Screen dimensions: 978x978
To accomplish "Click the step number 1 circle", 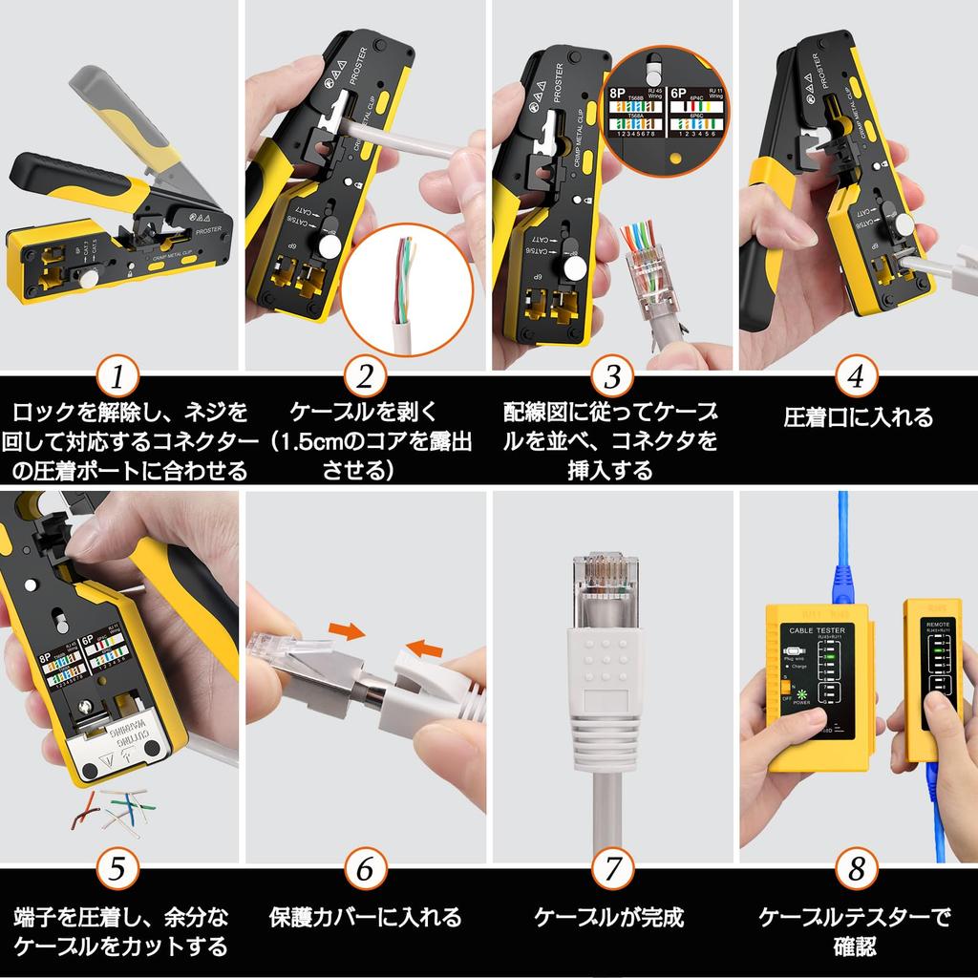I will pyautogui.click(x=117, y=377).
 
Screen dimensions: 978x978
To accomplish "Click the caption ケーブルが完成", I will pyautogui.click(x=609, y=918).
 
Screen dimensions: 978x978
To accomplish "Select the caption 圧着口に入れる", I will pyautogui.click(x=858, y=417).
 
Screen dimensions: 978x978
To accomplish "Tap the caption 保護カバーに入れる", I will pyautogui.click(x=365, y=918).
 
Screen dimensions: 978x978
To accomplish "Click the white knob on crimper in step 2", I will pyautogui.click(x=330, y=247).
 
